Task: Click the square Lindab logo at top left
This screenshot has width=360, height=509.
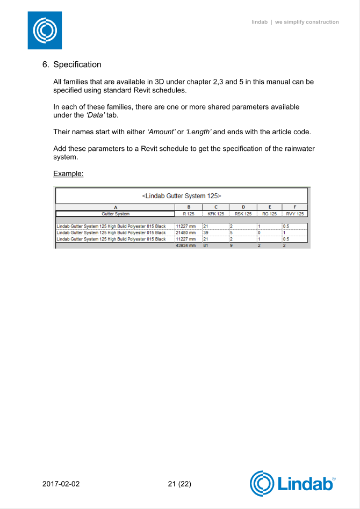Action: (x=45, y=31)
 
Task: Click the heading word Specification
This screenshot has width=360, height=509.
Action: (x=77, y=64)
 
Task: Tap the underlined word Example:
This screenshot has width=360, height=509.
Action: (x=68, y=174)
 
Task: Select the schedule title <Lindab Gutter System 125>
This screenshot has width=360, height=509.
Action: (x=182, y=195)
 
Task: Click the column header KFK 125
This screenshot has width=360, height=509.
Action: (x=215, y=214)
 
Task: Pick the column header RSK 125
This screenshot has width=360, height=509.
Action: (x=243, y=214)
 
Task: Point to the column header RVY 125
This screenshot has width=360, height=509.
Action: (x=294, y=214)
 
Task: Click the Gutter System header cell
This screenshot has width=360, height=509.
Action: (x=116, y=214)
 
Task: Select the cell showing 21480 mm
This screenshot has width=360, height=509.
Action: (x=185, y=232)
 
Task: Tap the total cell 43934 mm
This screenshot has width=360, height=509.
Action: (x=185, y=245)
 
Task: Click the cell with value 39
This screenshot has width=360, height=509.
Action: (x=206, y=232)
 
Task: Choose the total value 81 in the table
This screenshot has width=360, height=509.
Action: (x=206, y=245)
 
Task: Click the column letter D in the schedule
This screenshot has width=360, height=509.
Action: (x=243, y=207)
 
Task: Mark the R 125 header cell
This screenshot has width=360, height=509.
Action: (x=188, y=214)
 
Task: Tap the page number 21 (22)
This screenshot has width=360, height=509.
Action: (x=179, y=483)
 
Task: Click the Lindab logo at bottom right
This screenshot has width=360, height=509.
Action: (x=293, y=483)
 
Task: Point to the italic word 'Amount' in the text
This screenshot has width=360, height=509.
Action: (x=162, y=132)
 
